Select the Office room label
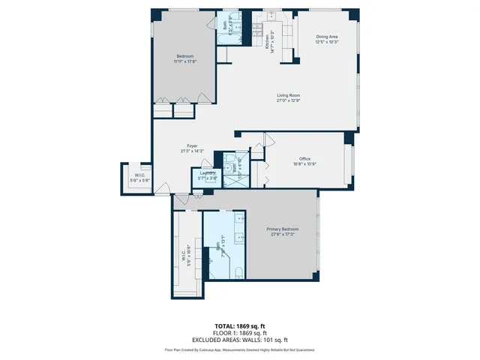point(304,158)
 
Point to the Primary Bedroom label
point(283,229)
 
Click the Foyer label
point(193,146)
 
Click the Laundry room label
point(207,174)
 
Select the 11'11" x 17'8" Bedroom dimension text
point(184,61)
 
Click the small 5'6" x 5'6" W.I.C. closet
point(136,178)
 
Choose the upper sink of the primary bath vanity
point(239,221)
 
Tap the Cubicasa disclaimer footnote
point(239,349)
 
